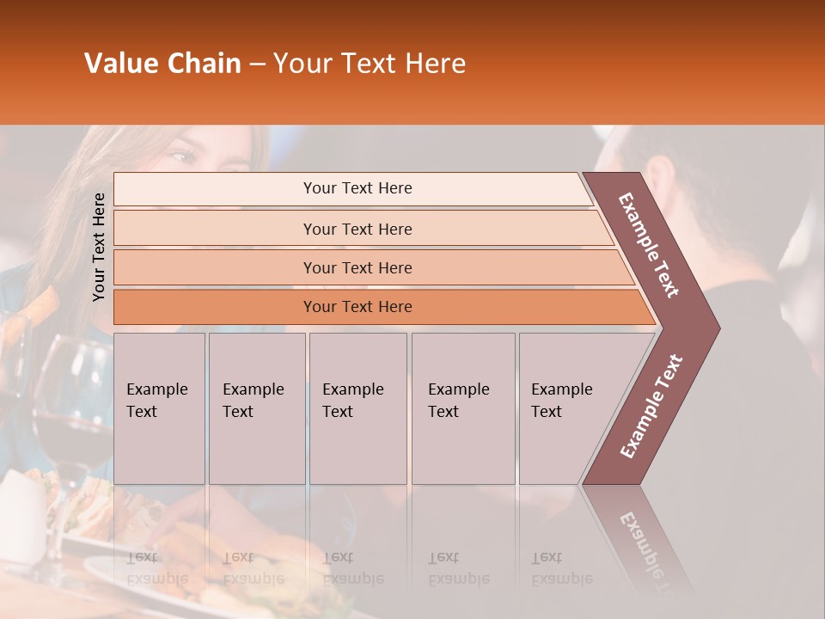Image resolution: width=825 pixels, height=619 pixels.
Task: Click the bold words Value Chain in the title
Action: (162, 64)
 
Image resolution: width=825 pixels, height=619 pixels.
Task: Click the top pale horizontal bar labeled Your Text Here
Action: (357, 188)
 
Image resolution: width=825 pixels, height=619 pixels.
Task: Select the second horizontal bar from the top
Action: (357, 229)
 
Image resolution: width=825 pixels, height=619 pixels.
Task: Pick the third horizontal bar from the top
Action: (357, 267)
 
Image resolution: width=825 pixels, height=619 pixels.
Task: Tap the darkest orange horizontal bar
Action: (357, 307)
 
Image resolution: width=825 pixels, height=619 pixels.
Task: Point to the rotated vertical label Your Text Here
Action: (99, 247)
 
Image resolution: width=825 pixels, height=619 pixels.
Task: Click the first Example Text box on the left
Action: (159, 408)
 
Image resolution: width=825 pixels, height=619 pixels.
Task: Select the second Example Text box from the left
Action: (256, 408)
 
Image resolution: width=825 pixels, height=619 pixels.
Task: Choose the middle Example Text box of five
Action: (357, 408)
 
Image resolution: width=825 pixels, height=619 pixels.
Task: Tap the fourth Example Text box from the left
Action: (462, 408)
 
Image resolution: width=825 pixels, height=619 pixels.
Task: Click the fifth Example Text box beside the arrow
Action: (563, 408)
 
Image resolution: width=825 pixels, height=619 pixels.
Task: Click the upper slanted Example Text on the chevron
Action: (649, 245)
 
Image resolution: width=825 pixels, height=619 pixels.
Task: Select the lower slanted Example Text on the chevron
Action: (651, 406)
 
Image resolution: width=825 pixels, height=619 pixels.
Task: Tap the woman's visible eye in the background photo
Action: (182, 156)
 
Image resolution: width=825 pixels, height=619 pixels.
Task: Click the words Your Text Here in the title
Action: (370, 64)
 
